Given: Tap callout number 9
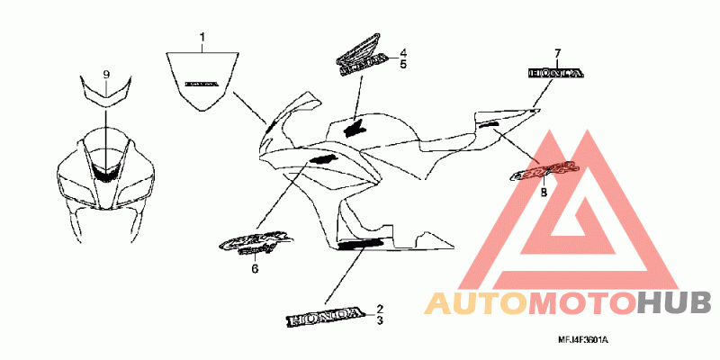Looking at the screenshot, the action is pos(106,72).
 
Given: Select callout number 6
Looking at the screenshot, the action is pos(254,268).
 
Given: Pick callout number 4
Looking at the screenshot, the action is pos(404,53).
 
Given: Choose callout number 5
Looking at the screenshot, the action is pos(404,65).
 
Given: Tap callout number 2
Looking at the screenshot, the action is pos(380,309).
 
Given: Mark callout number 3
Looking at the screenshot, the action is pos(380,320).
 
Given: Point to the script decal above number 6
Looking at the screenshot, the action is pos(256,242).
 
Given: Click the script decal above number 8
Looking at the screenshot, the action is pos(543,170).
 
